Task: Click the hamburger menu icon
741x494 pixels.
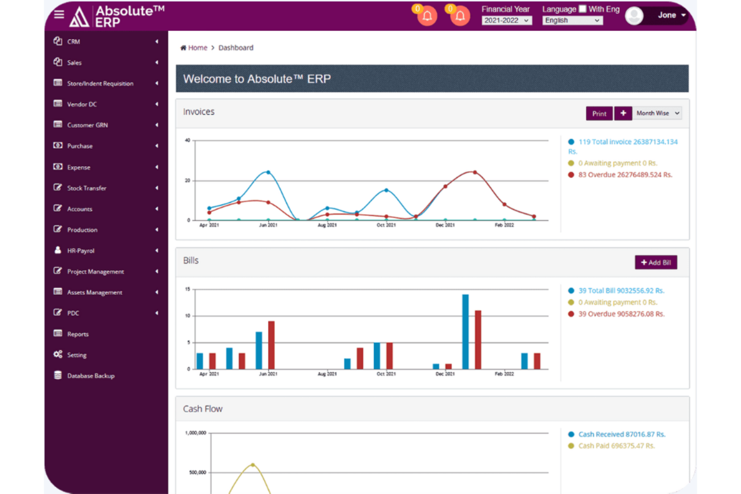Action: (59, 14)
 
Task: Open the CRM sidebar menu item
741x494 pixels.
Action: (74, 42)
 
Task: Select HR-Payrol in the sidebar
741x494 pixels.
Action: (81, 251)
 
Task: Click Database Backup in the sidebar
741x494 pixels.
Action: (91, 376)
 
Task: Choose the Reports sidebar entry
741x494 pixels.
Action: (78, 334)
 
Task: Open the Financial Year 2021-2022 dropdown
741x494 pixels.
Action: (506, 21)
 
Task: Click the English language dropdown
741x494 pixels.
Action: (572, 21)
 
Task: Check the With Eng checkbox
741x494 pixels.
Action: (583, 9)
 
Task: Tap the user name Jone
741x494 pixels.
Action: (666, 15)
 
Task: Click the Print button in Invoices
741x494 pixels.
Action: (599, 114)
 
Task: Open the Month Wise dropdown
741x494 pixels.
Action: (657, 114)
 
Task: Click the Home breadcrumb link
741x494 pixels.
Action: (197, 48)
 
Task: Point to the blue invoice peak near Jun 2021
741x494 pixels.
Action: (268, 172)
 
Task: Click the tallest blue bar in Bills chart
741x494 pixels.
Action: (465, 331)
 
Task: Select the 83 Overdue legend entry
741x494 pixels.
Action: (625, 175)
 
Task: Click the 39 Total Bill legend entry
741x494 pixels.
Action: (621, 291)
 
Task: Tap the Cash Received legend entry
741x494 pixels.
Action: (621, 434)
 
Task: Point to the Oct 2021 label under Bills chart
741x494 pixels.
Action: (386, 374)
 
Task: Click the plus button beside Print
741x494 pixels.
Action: (623, 114)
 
